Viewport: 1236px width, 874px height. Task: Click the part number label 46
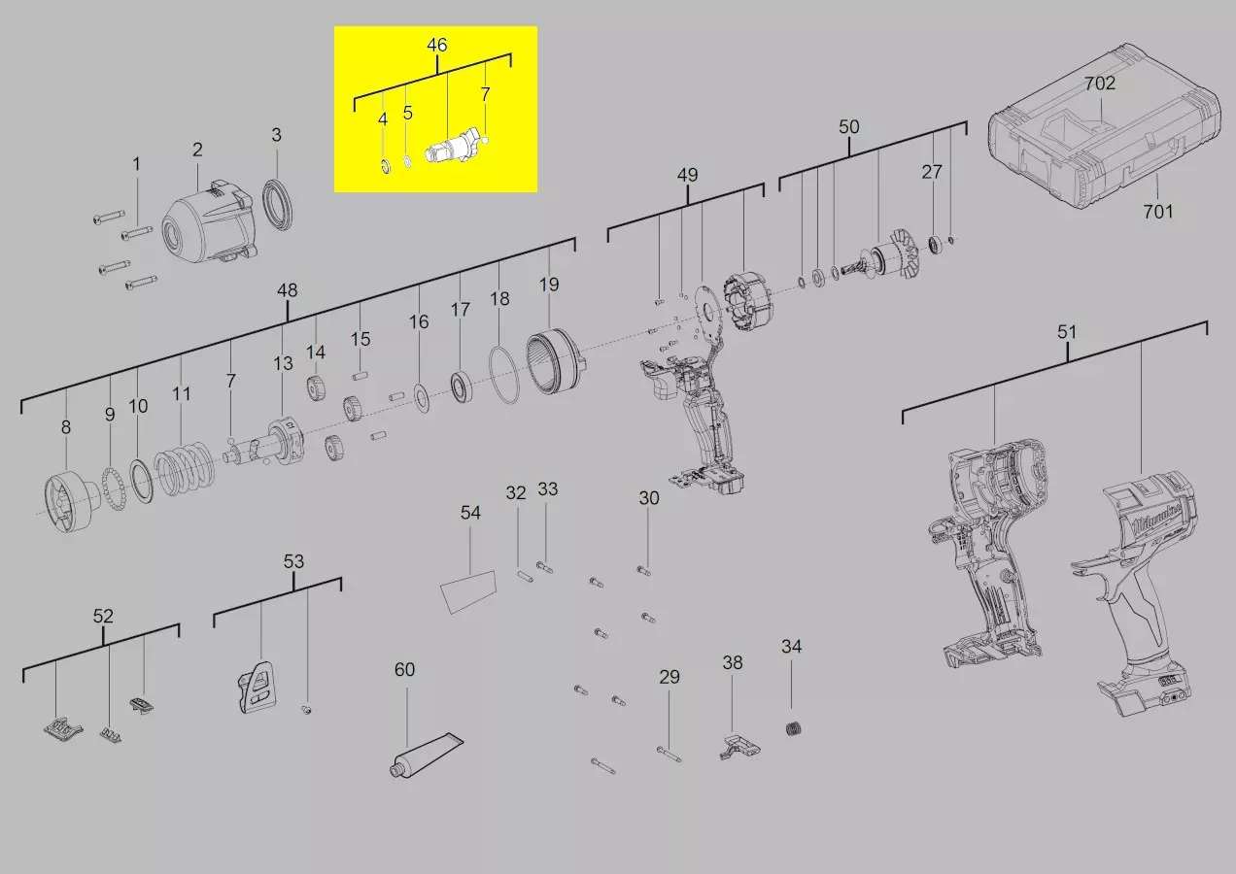pos(436,45)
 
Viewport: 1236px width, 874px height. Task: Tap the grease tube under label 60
pos(427,755)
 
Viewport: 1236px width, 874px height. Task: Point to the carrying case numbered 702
pos(1104,127)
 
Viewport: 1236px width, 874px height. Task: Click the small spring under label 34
pos(793,728)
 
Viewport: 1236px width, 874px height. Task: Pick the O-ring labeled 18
pos(503,375)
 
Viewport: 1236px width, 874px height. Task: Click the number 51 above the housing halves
pos(1067,332)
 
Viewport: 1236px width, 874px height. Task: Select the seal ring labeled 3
pos(277,204)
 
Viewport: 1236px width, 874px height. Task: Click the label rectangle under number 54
pos(468,592)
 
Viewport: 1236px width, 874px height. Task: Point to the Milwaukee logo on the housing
pos(1157,520)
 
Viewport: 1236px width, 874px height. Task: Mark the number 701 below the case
pos(1157,211)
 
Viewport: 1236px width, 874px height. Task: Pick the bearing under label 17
pos(462,387)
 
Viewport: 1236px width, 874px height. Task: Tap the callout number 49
pos(688,175)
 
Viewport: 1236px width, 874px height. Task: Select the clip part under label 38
pos(739,747)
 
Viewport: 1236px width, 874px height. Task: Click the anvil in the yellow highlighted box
pos(453,148)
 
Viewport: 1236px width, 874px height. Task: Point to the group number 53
pos(293,561)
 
